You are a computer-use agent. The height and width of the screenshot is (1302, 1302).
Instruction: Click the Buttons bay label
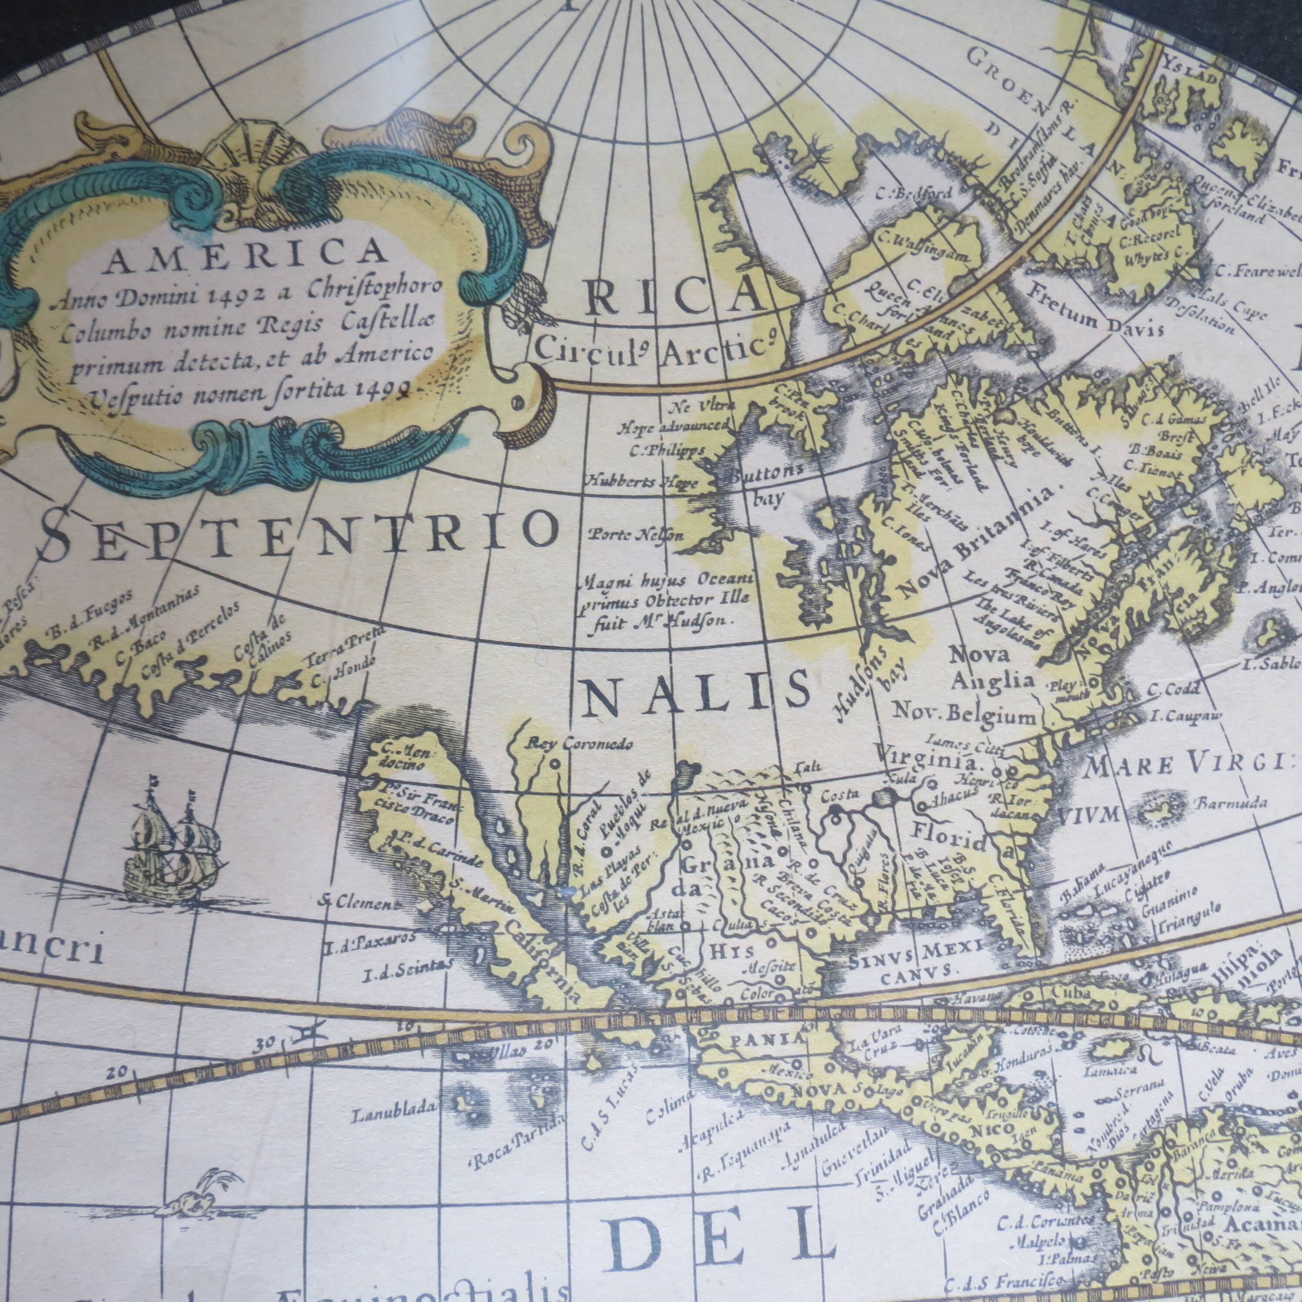(x=764, y=484)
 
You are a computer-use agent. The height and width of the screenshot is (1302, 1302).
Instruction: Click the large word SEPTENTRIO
(x=300, y=531)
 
